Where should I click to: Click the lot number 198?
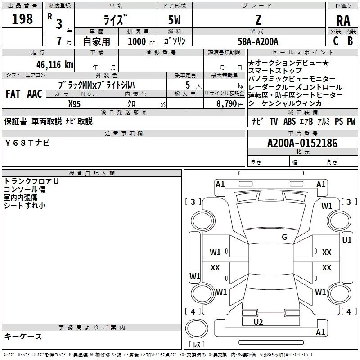coord(22,19)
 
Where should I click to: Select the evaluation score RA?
coord(343,21)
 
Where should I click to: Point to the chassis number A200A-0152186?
coord(302,144)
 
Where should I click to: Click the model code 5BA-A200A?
coord(258,41)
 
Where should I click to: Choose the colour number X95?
coord(75,103)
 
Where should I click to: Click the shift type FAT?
coord(13,94)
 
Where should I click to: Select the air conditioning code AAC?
coord(34,94)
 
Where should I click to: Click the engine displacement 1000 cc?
coord(138,41)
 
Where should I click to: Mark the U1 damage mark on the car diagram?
coord(347,240)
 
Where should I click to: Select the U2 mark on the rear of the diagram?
coord(258,322)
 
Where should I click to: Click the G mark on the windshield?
coord(284,237)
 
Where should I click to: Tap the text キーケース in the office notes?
coord(23,337)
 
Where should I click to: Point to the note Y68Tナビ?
coord(27,143)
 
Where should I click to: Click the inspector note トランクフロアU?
coord(31,181)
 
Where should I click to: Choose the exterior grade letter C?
coord(335,41)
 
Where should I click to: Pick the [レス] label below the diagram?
coord(196,345)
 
